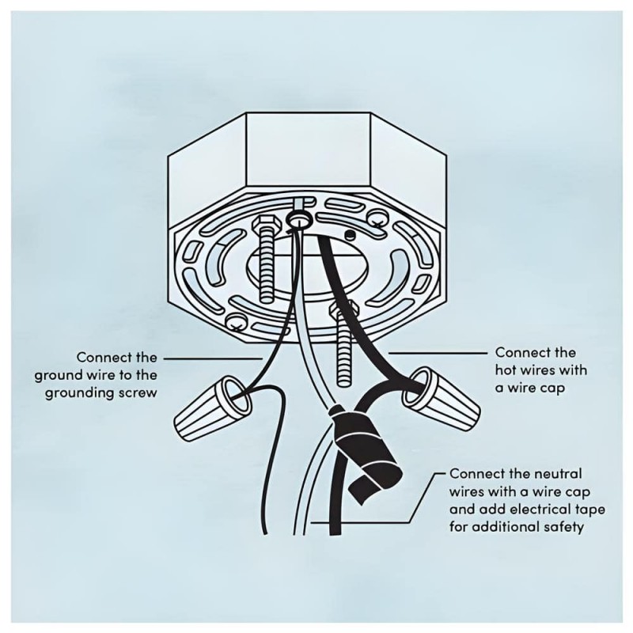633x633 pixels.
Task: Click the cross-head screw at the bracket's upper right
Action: [x=377, y=218]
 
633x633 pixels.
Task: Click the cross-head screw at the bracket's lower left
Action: [x=236, y=322]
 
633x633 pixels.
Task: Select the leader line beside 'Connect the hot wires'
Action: [x=438, y=353]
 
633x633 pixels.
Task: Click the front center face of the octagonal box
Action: [x=309, y=150]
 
